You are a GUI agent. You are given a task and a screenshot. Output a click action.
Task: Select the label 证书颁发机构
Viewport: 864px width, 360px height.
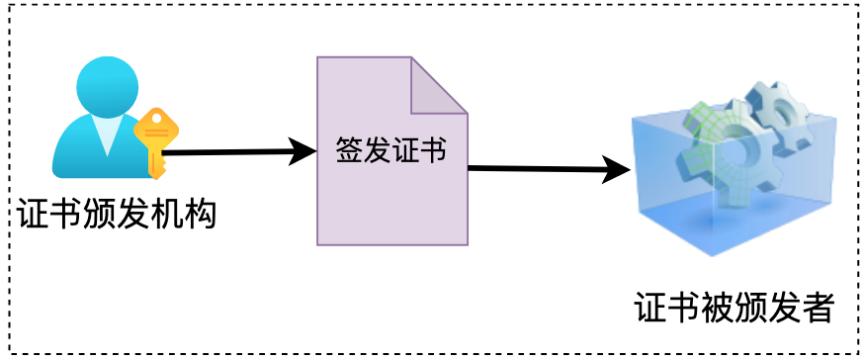pos(117,214)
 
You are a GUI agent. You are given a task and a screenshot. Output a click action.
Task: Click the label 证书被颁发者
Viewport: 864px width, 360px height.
pos(734,309)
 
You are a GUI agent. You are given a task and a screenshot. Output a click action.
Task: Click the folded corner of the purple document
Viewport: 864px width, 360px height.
pos(440,84)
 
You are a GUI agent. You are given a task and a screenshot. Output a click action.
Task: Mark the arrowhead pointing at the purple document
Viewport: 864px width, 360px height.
pos(302,151)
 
